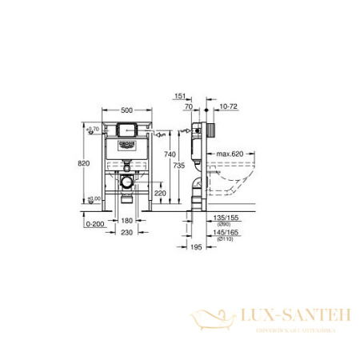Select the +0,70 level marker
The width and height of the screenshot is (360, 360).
tap(94, 128)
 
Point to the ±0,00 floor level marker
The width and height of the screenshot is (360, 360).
tap(94, 198)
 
